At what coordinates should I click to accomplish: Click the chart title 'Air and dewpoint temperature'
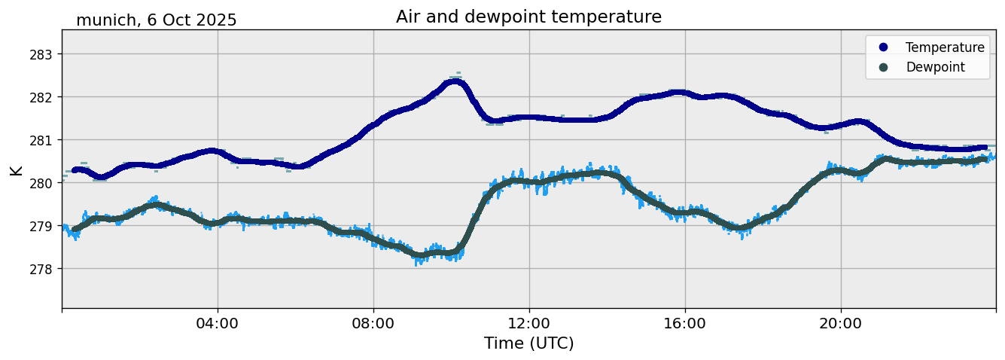coord(528,17)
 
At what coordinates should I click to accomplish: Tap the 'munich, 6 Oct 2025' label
coord(157,20)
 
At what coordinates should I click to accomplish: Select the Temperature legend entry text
coord(945,47)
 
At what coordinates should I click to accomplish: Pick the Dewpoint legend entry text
coord(935,67)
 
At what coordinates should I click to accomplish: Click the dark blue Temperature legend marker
coord(884,47)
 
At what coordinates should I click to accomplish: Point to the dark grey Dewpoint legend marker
coord(884,67)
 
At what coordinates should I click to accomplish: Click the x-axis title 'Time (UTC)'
coord(528,343)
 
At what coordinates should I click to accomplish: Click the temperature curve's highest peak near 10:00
coord(455,81)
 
